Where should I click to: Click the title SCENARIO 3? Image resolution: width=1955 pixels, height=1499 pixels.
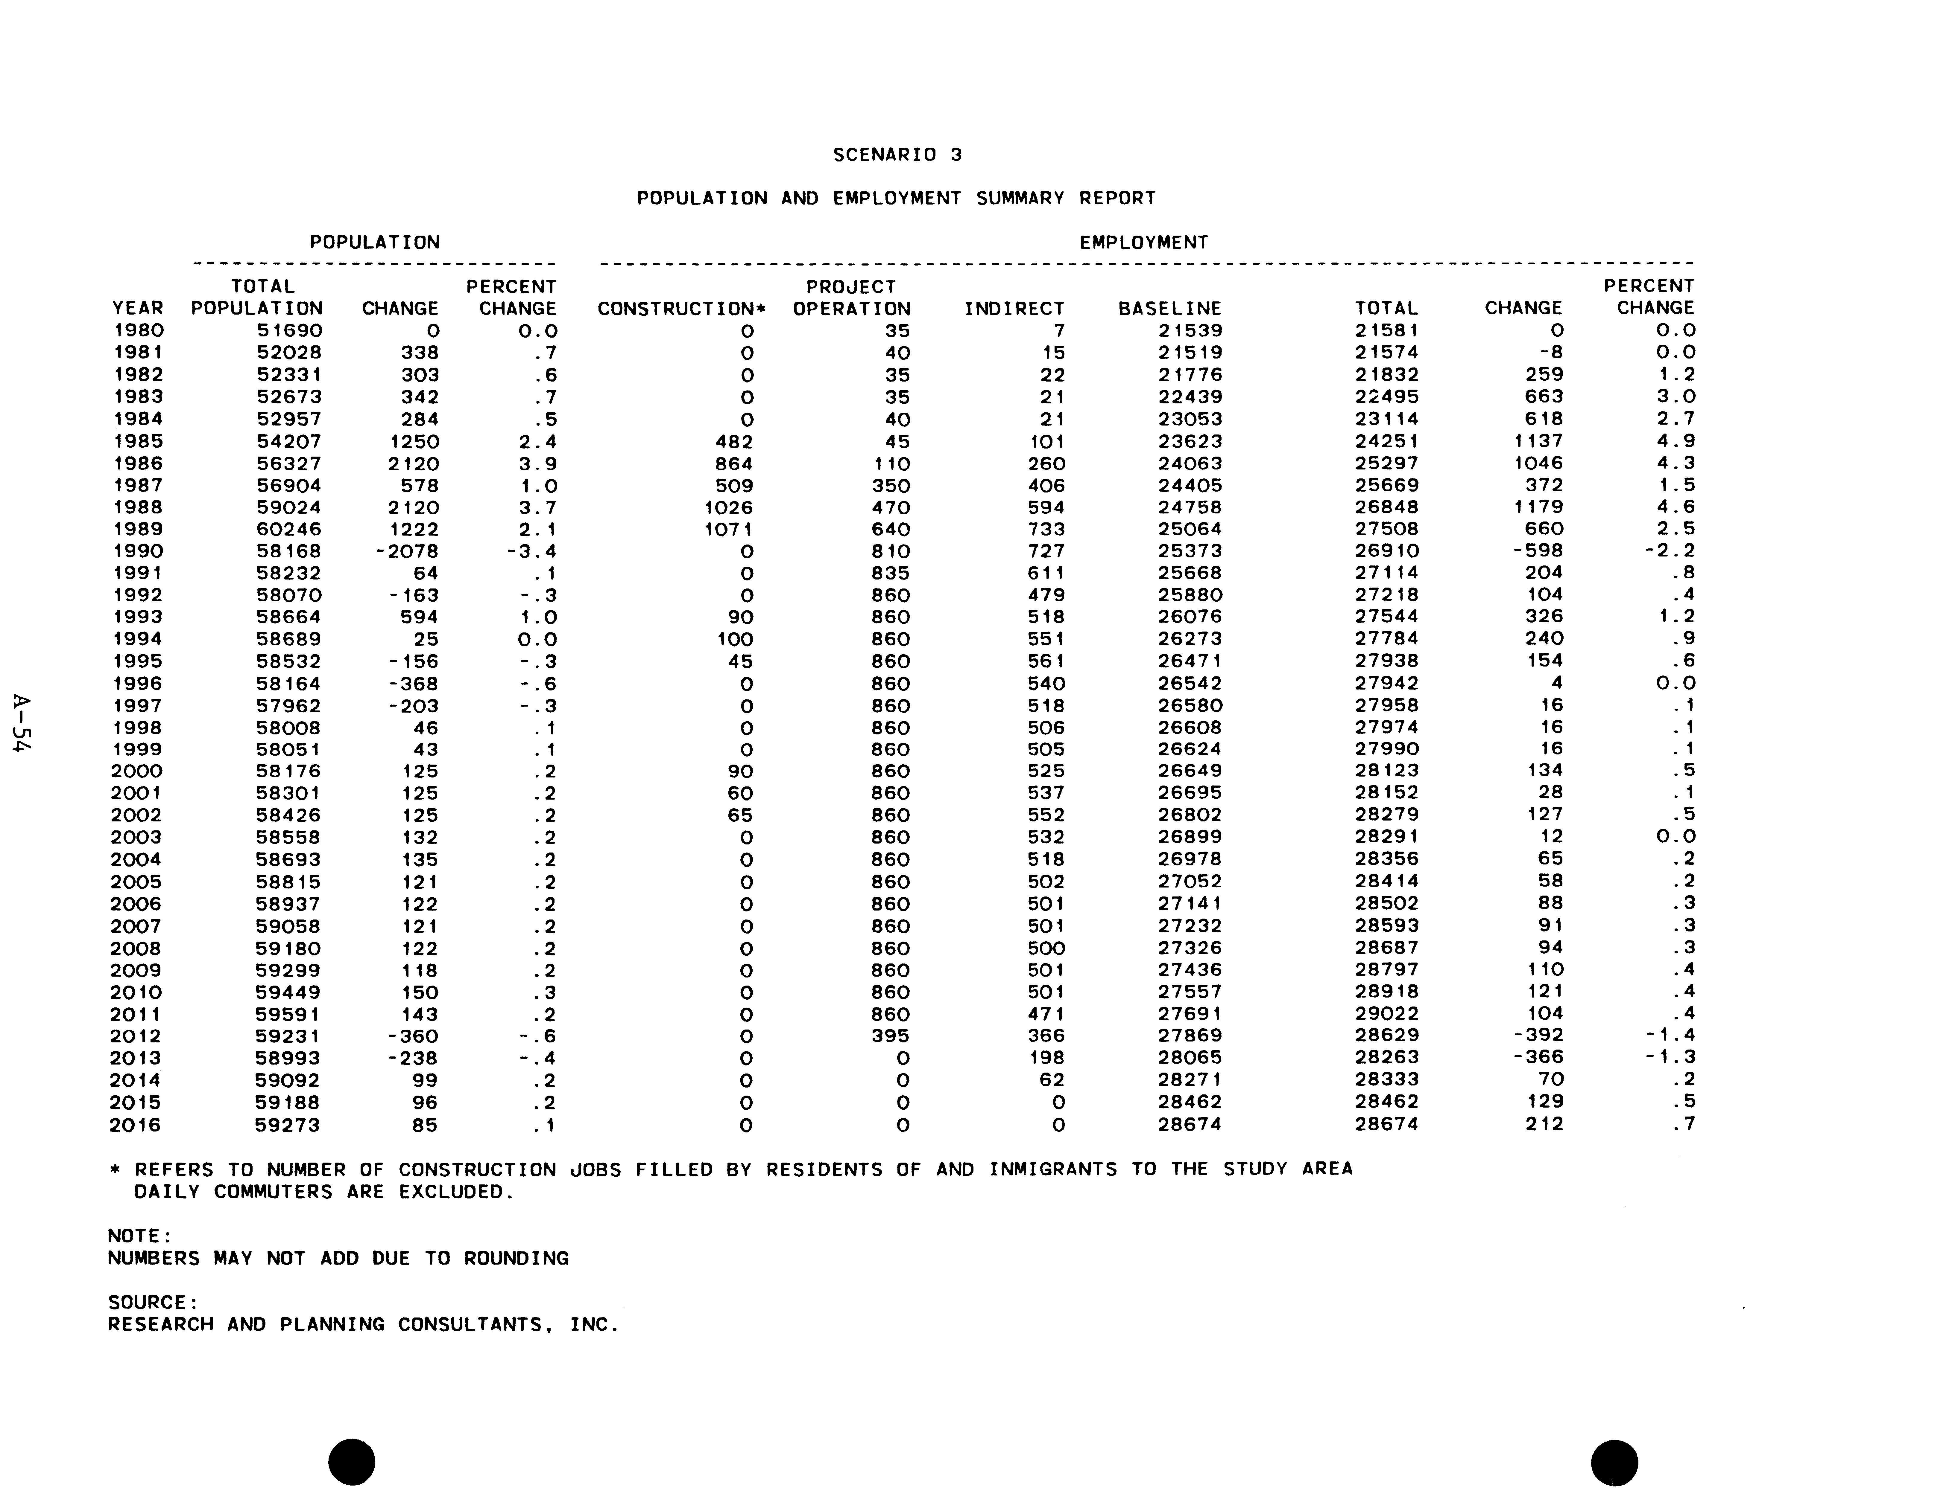(897, 154)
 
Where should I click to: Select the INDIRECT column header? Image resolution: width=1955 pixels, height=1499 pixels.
(1014, 309)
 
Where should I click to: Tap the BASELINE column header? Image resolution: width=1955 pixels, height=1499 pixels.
(1169, 309)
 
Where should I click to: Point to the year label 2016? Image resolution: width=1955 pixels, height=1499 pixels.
(136, 1125)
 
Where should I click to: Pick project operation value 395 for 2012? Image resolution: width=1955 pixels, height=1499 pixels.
(891, 1036)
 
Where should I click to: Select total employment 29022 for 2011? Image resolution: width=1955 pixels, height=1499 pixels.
(1386, 1014)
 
